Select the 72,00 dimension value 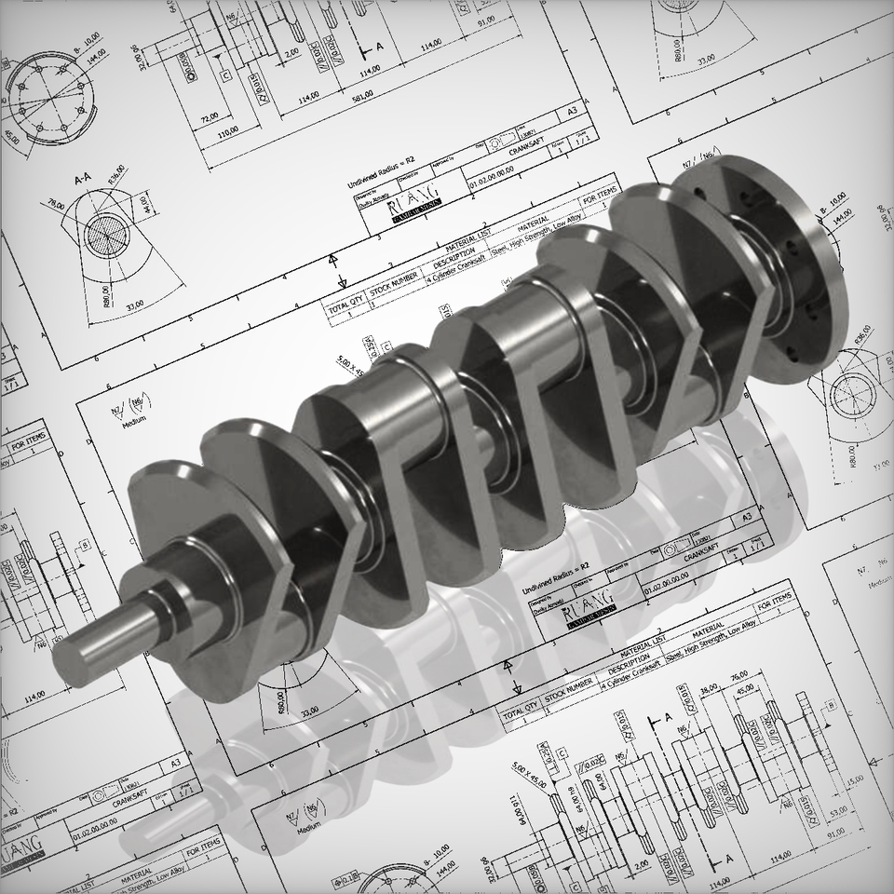[209, 116]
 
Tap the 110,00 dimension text [224, 135]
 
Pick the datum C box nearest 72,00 [225, 76]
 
